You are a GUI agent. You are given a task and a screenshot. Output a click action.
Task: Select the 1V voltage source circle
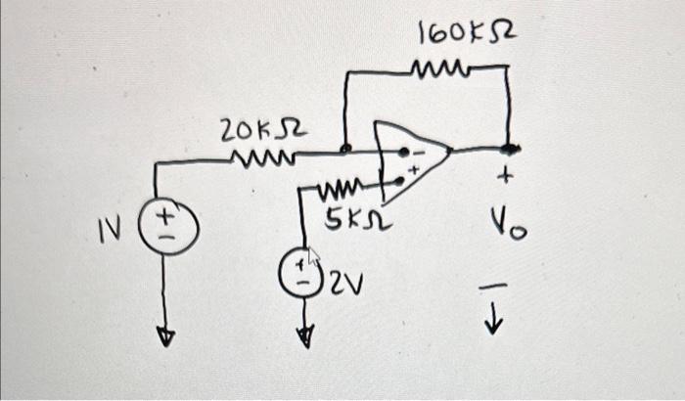(165, 234)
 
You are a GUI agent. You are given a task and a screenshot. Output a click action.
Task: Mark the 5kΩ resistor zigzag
(342, 187)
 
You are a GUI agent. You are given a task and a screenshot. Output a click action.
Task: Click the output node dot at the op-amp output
(509, 149)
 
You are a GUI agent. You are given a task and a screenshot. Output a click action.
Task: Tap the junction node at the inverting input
(345, 151)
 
